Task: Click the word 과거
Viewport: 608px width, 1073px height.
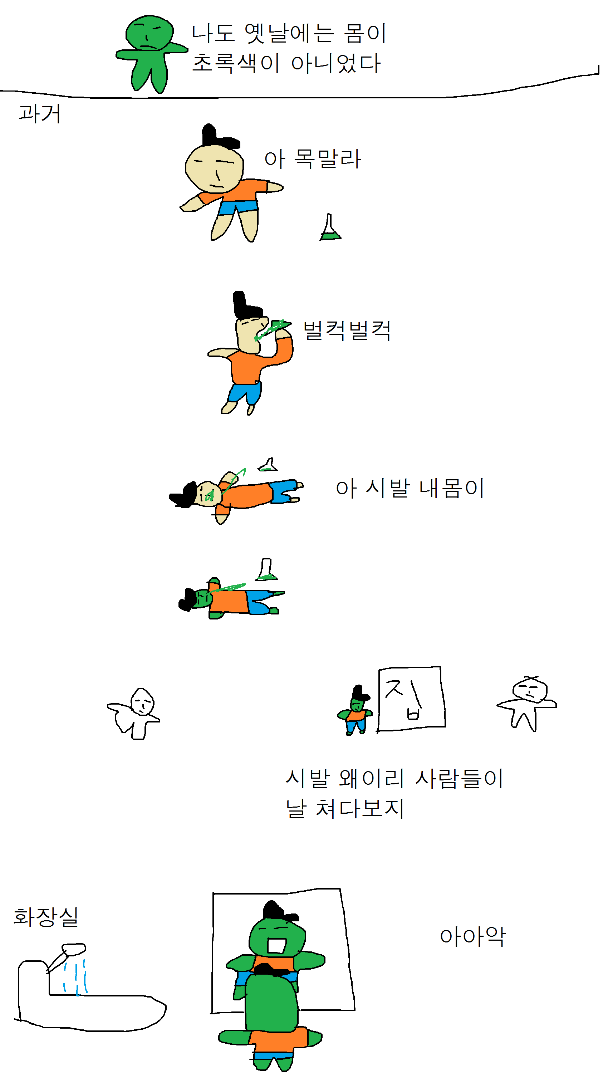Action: tap(40, 114)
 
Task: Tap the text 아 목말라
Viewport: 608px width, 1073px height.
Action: tap(312, 159)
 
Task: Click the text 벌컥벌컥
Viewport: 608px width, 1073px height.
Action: tap(347, 331)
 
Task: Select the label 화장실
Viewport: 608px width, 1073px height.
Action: tap(46, 917)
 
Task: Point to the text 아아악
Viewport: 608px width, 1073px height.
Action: tap(473, 936)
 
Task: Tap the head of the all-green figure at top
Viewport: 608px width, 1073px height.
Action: tap(149, 33)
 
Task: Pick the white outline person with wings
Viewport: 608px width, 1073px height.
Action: tap(134, 713)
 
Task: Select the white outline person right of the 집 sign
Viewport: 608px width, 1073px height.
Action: tap(527, 703)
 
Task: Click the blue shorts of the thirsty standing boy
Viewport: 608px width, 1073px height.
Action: tap(237, 207)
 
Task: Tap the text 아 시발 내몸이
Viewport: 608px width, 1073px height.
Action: tap(410, 488)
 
